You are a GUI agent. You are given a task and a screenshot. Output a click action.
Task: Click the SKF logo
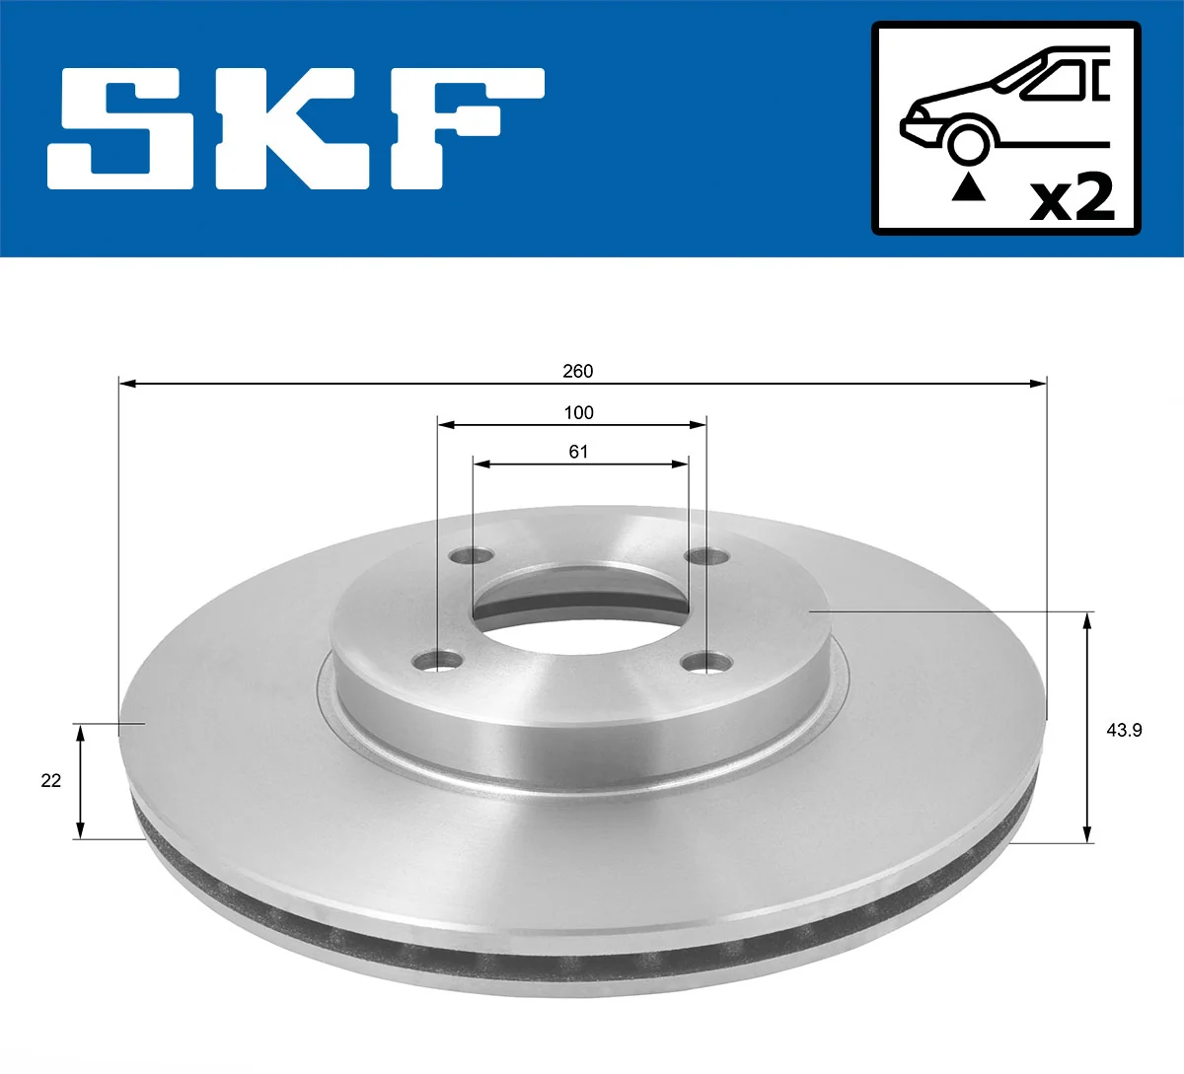(x=296, y=128)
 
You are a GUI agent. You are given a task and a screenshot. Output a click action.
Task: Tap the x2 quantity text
(x=1072, y=197)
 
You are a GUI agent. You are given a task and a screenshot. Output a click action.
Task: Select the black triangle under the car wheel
(x=968, y=186)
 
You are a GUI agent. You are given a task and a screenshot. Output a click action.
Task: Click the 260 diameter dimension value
(x=578, y=371)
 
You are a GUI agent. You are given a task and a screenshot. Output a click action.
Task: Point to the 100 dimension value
(x=578, y=412)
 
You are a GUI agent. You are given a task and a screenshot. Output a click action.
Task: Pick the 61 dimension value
(x=578, y=451)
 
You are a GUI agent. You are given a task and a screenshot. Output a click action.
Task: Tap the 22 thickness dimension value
(x=51, y=780)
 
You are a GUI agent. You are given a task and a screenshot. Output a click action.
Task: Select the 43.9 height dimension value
(x=1125, y=730)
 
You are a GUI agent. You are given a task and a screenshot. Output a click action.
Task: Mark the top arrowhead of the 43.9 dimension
(x=1088, y=619)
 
